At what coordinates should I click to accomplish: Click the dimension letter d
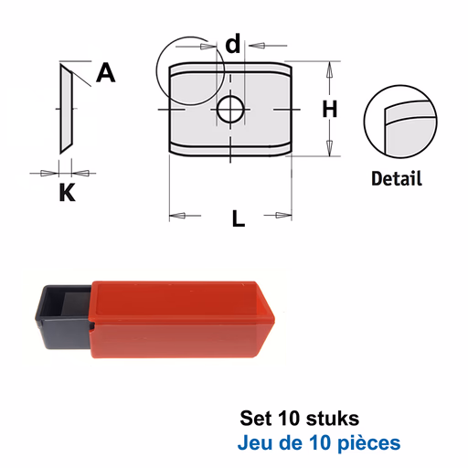coord(233,43)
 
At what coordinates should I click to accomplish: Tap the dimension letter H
coord(330,109)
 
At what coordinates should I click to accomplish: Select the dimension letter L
coord(239,218)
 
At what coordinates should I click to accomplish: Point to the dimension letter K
coord(67,192)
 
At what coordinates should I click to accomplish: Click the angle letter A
coord(106,72)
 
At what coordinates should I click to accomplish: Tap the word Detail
coord(397,178)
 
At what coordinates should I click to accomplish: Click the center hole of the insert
coord(230,110)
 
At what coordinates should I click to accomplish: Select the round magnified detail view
coord(400,122)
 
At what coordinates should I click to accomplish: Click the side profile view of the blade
coord(66,109)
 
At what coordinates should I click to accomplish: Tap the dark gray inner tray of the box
coord(64,317)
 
